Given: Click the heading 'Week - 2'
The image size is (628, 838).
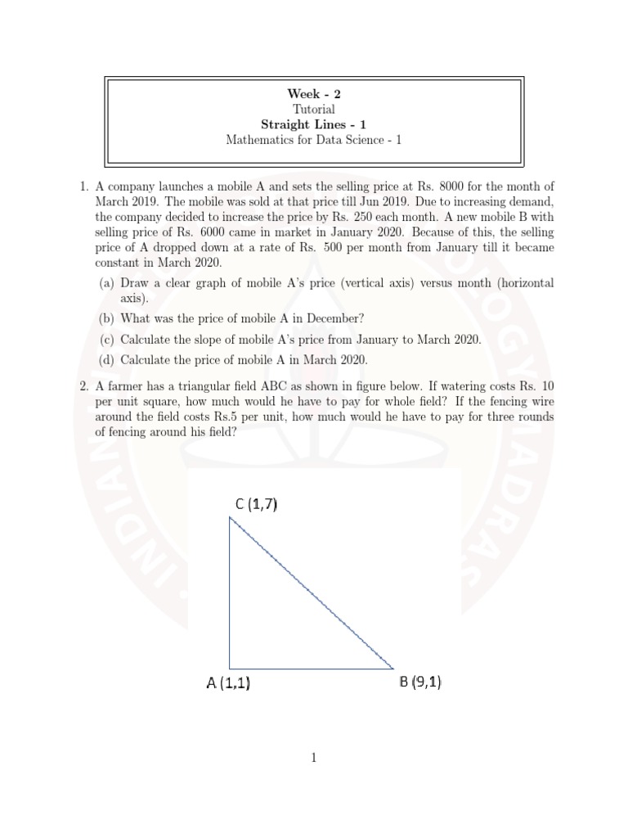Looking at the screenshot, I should pyautogui.click(x=314, y=93).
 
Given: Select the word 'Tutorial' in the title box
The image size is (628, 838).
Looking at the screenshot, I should pyautogui.click(x=314, y=109).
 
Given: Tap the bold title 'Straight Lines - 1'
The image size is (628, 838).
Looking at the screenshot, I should pyautogui.click(x=314, y=124).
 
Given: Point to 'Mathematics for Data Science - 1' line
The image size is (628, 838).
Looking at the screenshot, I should pyautogui.click(x=314, y=140).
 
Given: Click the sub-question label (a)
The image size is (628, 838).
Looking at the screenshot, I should pyautogui.click(x=106, y=283).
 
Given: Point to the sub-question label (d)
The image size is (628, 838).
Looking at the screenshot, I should pyautogui.click(x=106, y=359).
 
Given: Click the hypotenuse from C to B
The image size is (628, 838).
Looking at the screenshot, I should pyautogui.click(x=312, y=592).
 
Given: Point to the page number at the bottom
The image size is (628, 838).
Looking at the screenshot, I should pyautogui.click(x=314, y=759).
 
